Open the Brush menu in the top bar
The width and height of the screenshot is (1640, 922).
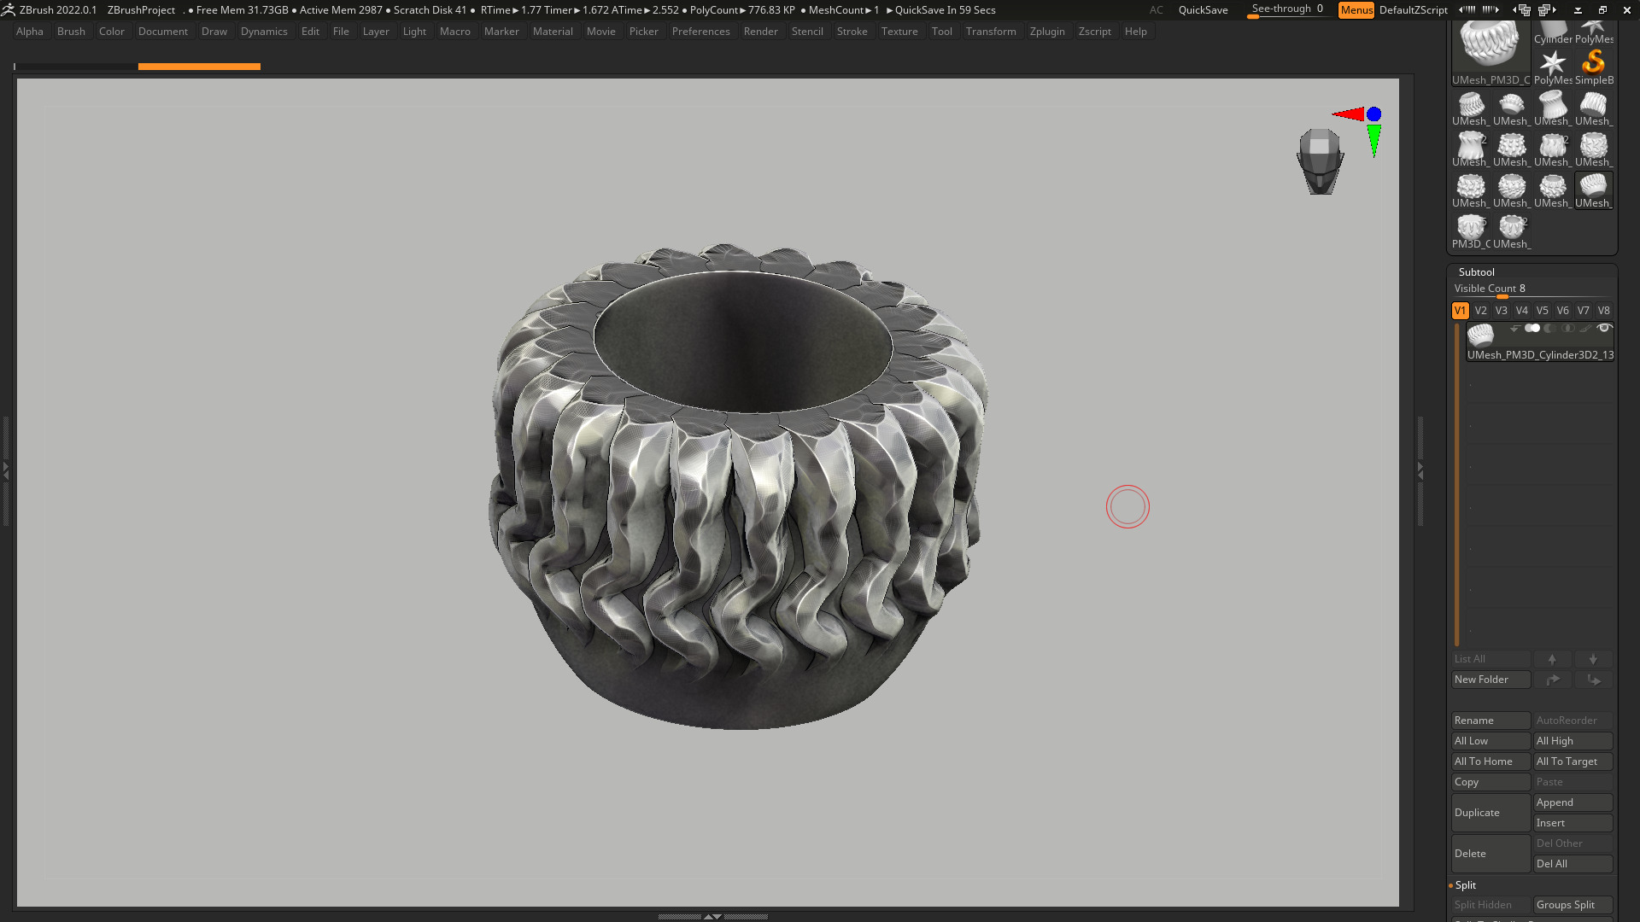pos(71,32)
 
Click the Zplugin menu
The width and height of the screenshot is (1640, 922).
pos(1047,32)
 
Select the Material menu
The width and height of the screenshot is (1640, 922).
pos(553,32)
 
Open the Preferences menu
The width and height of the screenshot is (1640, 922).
pos(700,32)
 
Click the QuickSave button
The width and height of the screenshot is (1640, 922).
pos(1203,10)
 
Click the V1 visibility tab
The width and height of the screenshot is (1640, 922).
pos(1460,311)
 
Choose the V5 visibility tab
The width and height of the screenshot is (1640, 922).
pos(1542,311)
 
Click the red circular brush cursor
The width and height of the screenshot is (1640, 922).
pos(1127,507)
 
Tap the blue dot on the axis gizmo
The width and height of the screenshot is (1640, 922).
pos(1373,114)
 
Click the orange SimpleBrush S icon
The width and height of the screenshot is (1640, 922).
pos(1593,62)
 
